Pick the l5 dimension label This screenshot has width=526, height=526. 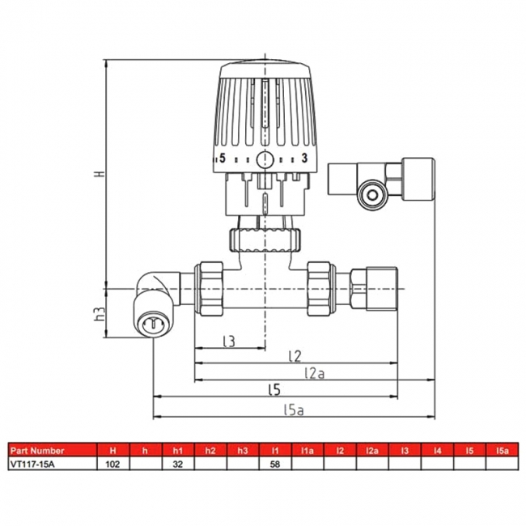point(274,390)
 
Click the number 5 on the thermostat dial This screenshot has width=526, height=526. point(223,159)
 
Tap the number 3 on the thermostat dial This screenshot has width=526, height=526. point(304,159)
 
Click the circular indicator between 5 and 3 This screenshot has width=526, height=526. point(265,159)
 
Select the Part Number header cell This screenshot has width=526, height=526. point(36,451)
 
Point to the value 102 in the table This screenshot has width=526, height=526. point(112,464)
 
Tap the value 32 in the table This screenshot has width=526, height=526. point(177,464)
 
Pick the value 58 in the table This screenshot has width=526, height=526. point(274,464)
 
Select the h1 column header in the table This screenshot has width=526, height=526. point(177,451)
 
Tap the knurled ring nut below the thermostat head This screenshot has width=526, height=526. point(265,240)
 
